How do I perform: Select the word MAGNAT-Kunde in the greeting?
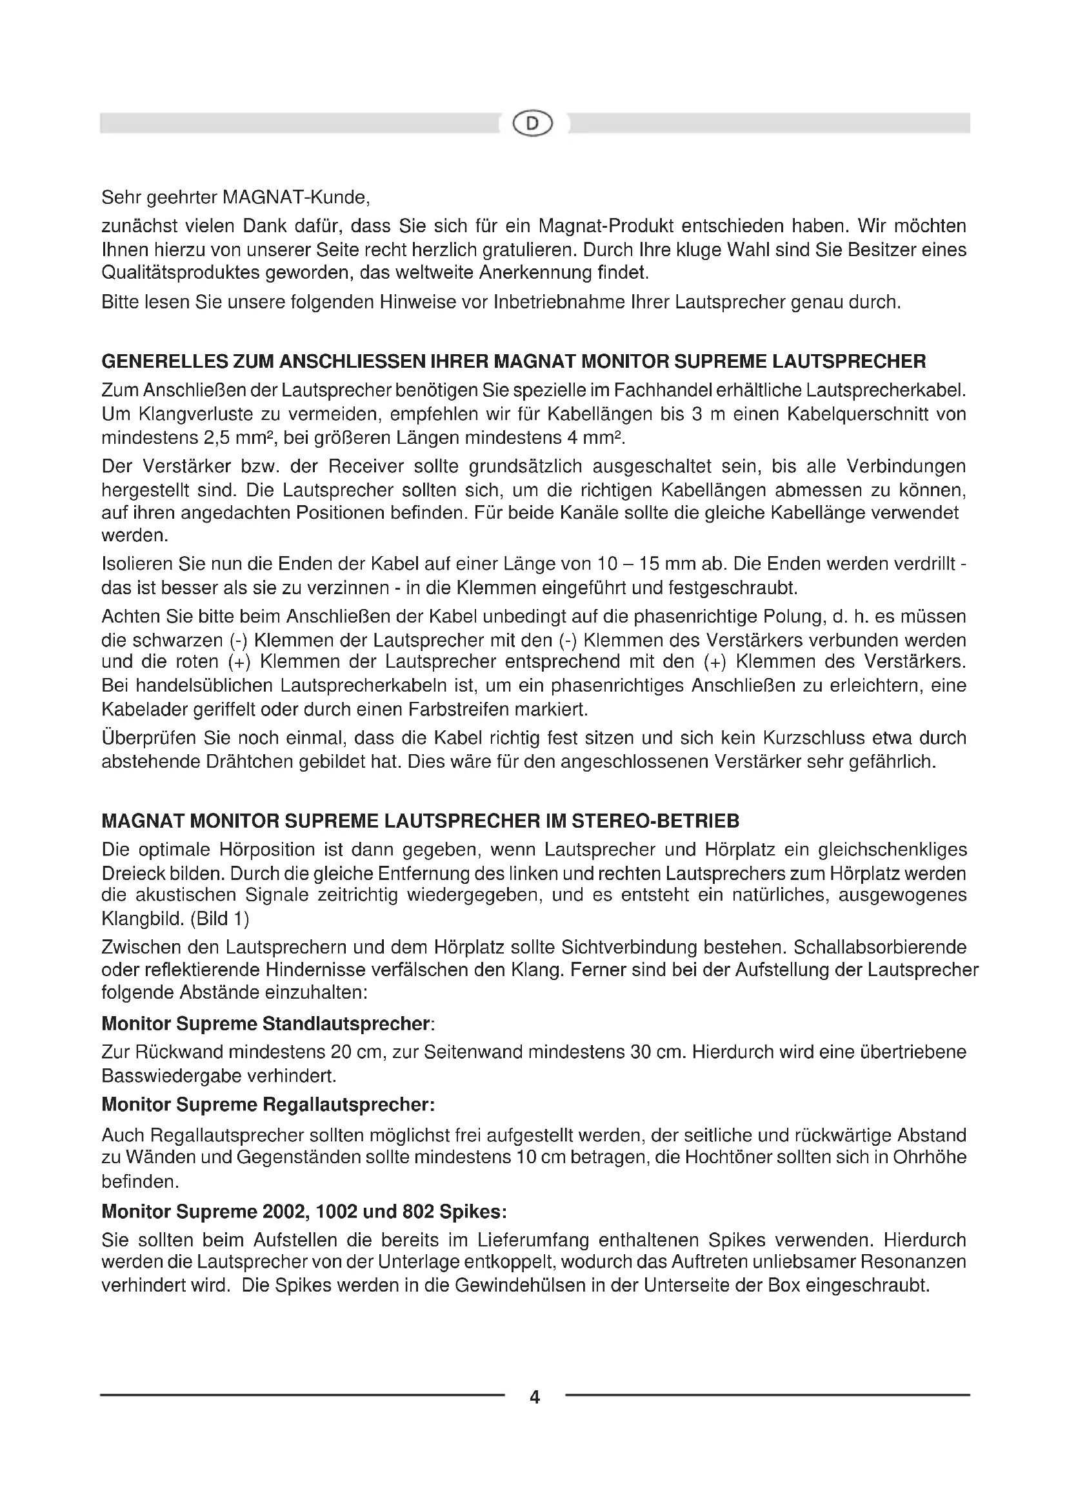click(292, 197)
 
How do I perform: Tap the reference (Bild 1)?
click(219, 918)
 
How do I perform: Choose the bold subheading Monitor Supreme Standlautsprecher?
click(266, 1023)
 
